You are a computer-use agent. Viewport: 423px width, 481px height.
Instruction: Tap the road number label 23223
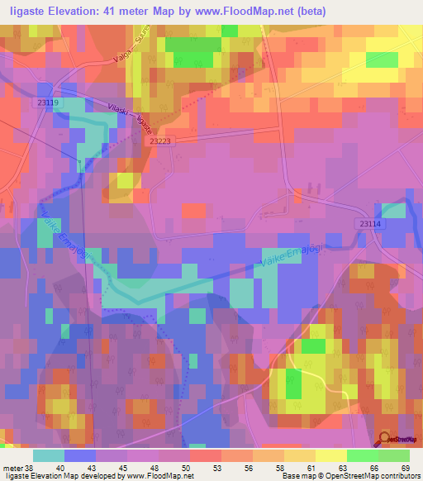click(x=161, y=141)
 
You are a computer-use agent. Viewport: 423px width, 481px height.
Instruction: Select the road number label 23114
click(x=372, y=224)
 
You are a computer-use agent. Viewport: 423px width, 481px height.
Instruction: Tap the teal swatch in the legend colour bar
click(x=48, y=456)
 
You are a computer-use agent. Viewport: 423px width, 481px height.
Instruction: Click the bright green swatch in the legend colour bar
click(x=362, y=456)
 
